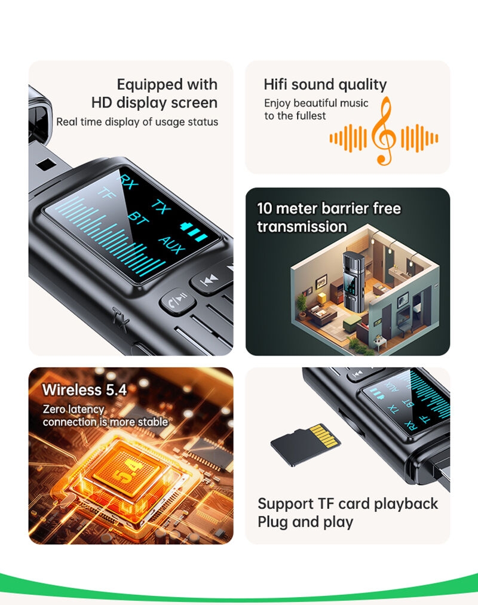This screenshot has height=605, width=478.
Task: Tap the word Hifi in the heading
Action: pyautogui.click(x=275, y=84)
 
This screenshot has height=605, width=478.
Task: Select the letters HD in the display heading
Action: pyautogui.click(x=102, y=103)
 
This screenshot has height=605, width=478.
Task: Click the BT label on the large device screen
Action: pyautogui.click(x=138, y=220)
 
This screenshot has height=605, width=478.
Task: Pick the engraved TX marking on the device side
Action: pyautogui.click(x=120, y=320)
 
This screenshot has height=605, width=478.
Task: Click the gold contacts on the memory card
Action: pyautogui.click(x=326, y=435)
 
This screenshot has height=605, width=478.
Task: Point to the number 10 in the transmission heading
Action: pyautogui.click(x=265, y=209)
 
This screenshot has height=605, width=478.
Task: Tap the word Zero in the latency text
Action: pyautogui.click(x=53, y=409)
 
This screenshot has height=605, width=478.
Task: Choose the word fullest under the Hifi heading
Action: pyautogui.click(x=311, y=116)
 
